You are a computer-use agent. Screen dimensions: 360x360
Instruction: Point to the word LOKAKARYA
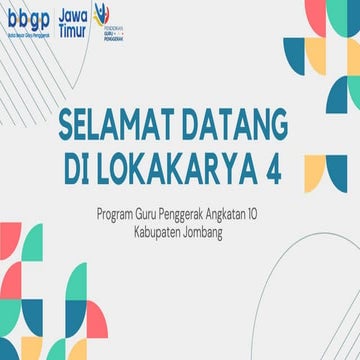coord(177,170)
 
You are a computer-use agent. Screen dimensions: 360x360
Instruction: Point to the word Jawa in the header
coord(73,15)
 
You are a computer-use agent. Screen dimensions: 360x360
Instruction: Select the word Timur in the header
coord(71,30)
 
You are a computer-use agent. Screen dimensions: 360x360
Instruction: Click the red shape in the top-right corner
coord(350,10)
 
